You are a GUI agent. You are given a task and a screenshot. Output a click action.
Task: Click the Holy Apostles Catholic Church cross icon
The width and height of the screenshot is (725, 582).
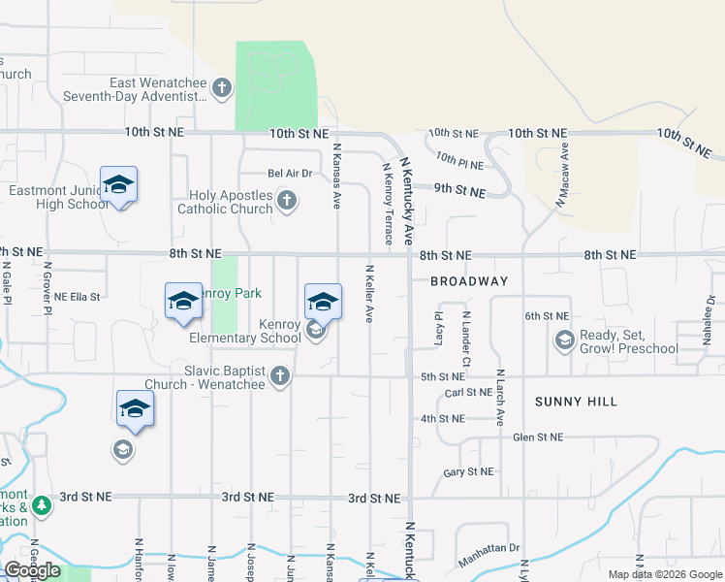[x=286, y=202]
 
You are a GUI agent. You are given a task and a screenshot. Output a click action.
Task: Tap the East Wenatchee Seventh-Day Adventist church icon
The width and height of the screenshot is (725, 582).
[x=222, y=89]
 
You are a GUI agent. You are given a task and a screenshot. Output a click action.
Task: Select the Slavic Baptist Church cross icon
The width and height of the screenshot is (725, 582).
[x=280, y=375]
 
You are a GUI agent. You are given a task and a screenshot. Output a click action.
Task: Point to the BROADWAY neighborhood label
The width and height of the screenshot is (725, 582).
[x=469, y=281]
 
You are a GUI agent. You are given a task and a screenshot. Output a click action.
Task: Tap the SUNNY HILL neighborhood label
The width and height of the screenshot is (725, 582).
[x=576, y=401]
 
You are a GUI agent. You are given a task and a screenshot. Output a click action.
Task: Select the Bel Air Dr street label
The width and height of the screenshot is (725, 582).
[x=290, y=174]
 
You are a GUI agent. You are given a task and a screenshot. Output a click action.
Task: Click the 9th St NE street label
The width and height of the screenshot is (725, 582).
[x=458, y=192]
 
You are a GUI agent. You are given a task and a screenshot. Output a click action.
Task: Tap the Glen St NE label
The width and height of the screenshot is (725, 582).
[x=538, y=437]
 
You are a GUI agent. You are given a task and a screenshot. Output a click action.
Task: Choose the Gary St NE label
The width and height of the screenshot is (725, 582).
[x=468, y=472]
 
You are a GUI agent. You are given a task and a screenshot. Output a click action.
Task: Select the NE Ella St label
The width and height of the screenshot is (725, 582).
[x=78, y=297]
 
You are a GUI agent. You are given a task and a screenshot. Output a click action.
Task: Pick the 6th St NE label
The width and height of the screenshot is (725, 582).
[x=547, y=316]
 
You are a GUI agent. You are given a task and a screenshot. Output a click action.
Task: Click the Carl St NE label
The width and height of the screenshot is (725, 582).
[x=468, y=393]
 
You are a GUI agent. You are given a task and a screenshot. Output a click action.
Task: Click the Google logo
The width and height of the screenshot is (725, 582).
[x=32, y=571]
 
